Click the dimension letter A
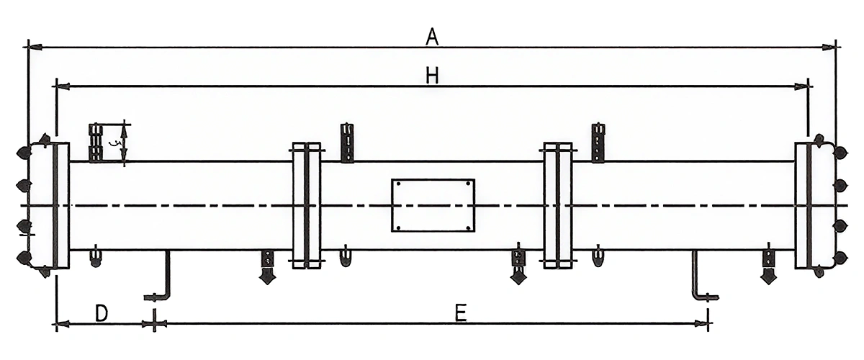432,36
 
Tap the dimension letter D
102,312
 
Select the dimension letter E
462,312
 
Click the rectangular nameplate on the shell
433,205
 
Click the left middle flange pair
306,206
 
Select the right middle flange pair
558,206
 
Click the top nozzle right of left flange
348,143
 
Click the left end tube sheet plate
61,205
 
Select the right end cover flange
804,205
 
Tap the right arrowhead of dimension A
830,48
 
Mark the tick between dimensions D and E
153,323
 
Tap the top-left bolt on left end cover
24,153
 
